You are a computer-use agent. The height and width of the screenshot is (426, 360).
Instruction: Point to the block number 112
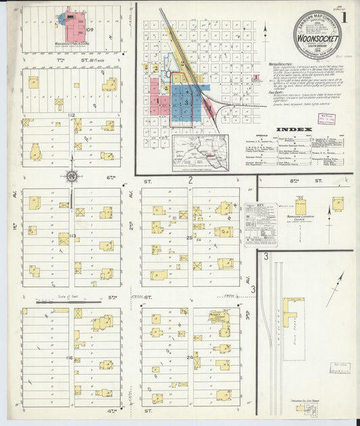coord(71,116)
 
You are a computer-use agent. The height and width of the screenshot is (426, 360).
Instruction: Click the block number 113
coord(72,236)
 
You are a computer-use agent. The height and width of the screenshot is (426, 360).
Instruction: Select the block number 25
coord(190,237)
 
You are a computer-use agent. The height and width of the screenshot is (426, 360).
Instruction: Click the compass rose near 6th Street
coord(71,177)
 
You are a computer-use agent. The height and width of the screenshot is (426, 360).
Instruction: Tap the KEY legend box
coord(260,223)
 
